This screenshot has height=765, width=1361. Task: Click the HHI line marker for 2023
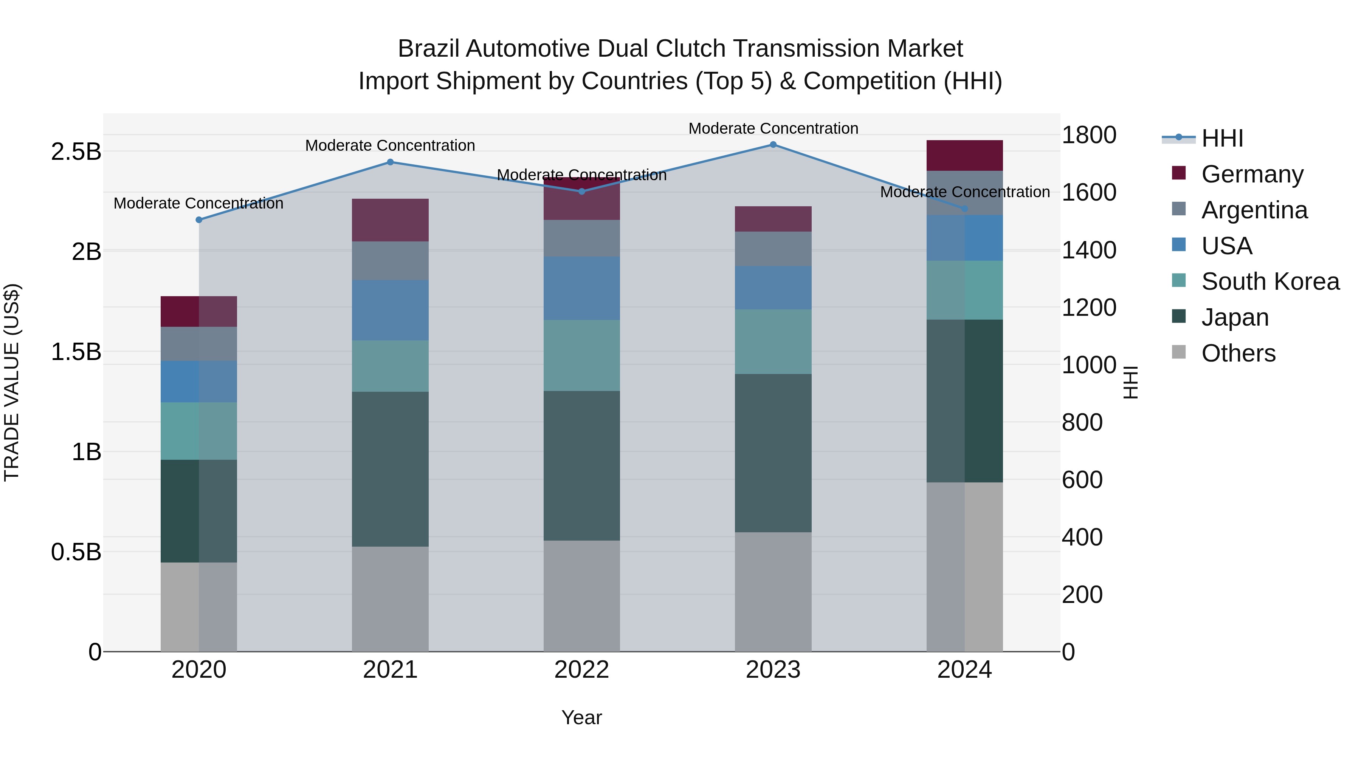click(x=773, y=144)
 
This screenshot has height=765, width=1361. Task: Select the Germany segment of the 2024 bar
click(x=965, y=155)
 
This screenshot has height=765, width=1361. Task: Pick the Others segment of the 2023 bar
click(x=773, y=591)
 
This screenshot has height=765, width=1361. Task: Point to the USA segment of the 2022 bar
click(x=582, y=288)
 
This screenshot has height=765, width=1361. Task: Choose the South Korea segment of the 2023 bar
click(x=773, y=342)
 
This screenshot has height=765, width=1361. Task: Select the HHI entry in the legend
click(x=1222, y=138)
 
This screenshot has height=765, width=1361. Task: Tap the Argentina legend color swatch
click(x=1179, y=209)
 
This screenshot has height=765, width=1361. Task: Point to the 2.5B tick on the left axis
click(x=76, y=152)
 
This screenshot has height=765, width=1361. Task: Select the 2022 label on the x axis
click(x=582, y=670)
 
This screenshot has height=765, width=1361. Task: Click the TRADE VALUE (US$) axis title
click(x=12, y=382)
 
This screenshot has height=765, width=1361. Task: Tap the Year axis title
click(x=582, y=717)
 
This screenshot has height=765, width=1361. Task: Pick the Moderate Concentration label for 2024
click(x=965, y=192)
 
